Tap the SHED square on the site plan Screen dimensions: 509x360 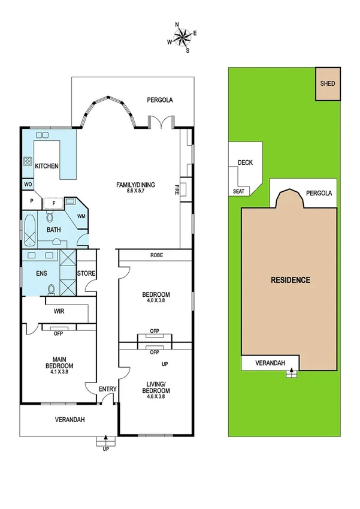328,85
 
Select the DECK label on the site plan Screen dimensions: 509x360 245,162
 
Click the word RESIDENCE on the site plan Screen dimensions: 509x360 290,280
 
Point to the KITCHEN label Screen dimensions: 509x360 46,166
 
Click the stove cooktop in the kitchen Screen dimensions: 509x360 28,161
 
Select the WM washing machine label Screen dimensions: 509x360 81,216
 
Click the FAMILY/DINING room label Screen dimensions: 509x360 135,185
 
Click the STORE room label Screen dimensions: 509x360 86,273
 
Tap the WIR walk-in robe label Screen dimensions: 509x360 59,312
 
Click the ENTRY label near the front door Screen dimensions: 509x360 107,390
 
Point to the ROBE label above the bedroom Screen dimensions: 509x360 155,255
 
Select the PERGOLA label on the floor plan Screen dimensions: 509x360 161,100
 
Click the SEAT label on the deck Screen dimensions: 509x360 238,192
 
